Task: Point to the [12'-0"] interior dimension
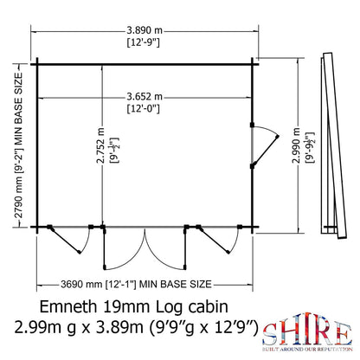(162, 110)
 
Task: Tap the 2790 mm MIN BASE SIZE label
(17, 148)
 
